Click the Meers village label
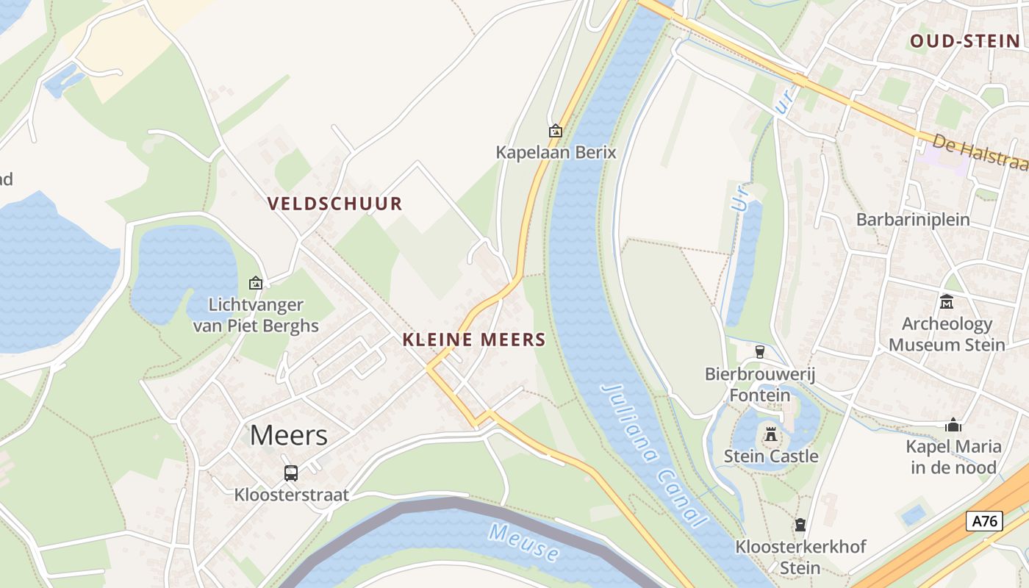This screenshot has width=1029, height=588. click(288, 436)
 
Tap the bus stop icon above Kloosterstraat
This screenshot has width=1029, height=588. click(291, 473)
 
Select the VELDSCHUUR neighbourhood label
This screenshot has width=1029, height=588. click(334, 204)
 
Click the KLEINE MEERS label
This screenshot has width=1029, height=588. click(474, 340)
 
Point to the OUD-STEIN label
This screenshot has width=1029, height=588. click(965, 41)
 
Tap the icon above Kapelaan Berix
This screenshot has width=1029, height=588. click(556, 131)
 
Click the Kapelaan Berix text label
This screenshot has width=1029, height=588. click(556, 153)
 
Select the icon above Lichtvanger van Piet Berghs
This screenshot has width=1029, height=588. click(256, 283)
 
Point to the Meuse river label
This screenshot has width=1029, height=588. click(524, 542)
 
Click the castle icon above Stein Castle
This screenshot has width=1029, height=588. click(770, 434)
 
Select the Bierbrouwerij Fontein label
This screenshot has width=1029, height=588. click(760, 384)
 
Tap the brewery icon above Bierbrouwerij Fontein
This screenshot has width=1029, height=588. click(759, 352)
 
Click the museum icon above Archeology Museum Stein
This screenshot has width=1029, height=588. click(947, 302)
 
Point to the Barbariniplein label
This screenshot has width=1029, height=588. click(913, 219)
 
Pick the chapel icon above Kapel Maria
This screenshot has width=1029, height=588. click(953, 425)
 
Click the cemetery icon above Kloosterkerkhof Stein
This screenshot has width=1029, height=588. click(800, 525)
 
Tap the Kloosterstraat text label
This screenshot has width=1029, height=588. click(291, 495)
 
